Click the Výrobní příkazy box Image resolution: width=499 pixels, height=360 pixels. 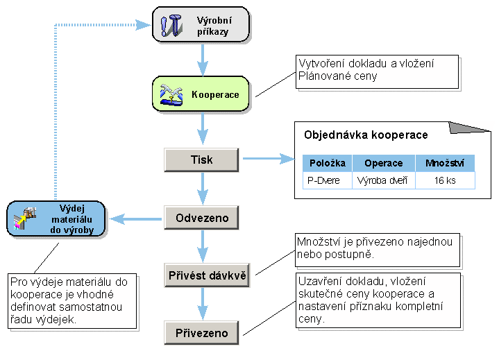(x=201, y=25)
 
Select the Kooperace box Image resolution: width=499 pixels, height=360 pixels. (x=201, y=95)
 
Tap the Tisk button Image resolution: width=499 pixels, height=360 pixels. (x=202, y=160)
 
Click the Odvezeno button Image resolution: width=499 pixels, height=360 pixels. (x=202, y=218)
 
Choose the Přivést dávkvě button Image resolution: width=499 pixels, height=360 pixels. (x=207, y=275)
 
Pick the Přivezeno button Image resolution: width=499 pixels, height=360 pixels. (x=202, y=333)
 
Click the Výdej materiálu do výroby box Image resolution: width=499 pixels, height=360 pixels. (x=56, y=219)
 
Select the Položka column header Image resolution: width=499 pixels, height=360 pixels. (x=323, y=163)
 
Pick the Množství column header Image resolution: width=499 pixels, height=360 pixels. (x=445, y=163)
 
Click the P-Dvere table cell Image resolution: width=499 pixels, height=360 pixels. (x=323, y=180)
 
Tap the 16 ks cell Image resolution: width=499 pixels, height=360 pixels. (x=445, y=180)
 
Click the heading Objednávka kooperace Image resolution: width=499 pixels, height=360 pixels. (x=366, y=135)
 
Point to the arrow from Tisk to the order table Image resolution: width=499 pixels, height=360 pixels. (x=267, y=160)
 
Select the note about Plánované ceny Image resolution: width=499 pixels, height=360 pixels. (x=377, y=71)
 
